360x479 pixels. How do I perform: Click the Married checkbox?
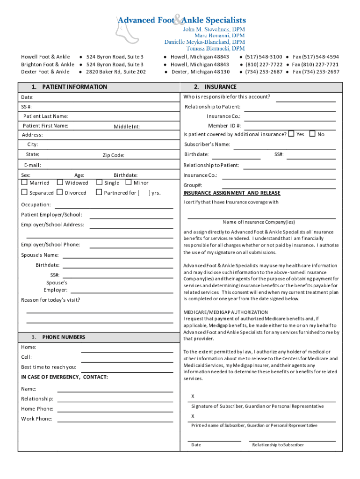pyautogui.click(x=25, y=183)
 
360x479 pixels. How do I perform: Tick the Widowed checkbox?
pyautogui.click(x=60, y=183)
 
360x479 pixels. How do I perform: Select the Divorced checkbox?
pyautogui.click(x=60, y=192)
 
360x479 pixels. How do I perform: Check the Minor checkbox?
pyautogui.click(x=130, y=183)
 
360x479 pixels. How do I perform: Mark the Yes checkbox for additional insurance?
pyautogui.click(x=291, y=134)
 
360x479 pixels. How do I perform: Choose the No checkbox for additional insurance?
pyautogui.click(x=312, y=134)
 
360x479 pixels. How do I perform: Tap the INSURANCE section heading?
pyautogui.click(x=220, y=87)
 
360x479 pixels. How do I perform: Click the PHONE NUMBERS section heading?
pyautogui.click(x=64, y=337)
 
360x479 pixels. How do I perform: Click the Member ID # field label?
pyautogui.click(x=224, y=125)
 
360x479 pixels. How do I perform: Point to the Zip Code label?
pyautogui.click(x=114, y=155)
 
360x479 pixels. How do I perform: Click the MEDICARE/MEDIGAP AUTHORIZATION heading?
pyautogui.click(x=226, y=312)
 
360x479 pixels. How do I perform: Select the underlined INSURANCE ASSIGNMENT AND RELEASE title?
pyautogui.click(x=232, y=193)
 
